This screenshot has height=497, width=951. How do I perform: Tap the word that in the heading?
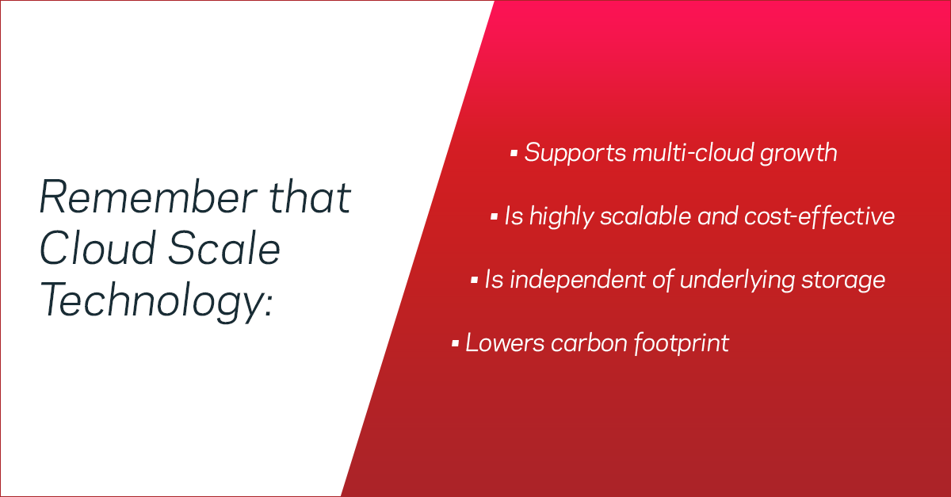(x=311, y=197)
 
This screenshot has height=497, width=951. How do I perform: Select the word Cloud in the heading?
(x=97, y=248)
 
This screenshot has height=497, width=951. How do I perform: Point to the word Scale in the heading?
(x=224, y=248)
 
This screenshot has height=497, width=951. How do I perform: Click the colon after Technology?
(x=268, y=305)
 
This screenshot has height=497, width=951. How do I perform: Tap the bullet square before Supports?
(x=514, y=152)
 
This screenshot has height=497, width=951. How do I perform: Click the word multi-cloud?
(x=693, y=152)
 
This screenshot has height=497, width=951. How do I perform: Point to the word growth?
(x=799, y=154)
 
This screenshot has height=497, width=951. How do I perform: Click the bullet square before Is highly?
(x=494, y=216)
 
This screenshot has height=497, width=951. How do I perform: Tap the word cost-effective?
(x=819, y=216)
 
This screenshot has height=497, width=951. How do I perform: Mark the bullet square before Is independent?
(x=474, y=280)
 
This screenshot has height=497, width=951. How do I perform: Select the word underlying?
(x=737, y=281)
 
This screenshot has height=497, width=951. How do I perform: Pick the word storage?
(x=843, y=282)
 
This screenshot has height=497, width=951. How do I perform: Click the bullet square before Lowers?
(x=455, y=343)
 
